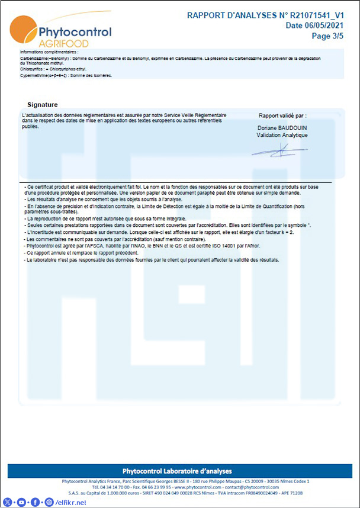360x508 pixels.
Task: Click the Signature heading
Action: [x=43, y=105]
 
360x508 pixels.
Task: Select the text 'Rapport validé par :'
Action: [x=282, y=115]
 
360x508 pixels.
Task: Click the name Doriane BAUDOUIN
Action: [x=282, y=128]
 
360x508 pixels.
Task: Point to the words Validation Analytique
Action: [x=282, y=135]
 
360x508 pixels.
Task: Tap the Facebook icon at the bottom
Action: [x=35, y=502]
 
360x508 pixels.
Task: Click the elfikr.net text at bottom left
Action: [x=72, y=503]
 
